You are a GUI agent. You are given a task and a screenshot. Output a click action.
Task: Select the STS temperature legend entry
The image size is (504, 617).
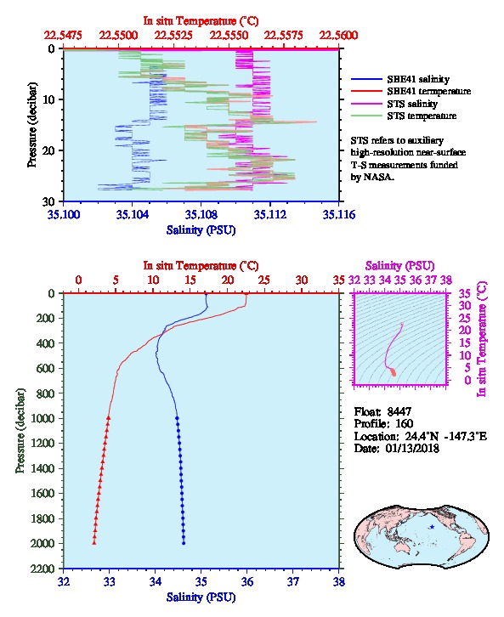click(x=404, y=116)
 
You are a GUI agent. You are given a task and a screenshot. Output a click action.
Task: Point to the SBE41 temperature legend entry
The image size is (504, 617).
click(x=411, y=91)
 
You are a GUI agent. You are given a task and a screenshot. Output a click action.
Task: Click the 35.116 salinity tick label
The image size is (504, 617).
click(x=339, y=214)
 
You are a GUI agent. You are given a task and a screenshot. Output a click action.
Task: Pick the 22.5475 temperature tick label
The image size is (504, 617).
click(x=63, y=36)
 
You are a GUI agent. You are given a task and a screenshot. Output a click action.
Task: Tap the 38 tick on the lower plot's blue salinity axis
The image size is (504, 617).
click(x=339, y=581)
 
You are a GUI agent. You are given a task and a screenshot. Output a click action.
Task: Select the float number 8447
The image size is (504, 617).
click(x=399, y=411)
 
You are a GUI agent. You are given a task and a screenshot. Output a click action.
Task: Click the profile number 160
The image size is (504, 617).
click(x=404, y=424)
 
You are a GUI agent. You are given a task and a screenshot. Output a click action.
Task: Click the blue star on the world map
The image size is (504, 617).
click(x=432, y=527)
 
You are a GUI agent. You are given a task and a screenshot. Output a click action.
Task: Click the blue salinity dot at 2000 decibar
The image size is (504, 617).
click(x=184, y=543)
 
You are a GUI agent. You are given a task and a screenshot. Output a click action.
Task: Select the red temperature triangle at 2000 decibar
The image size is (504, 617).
click(x=94, y=543)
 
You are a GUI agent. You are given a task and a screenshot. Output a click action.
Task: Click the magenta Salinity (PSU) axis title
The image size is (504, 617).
click(x=399, y=266)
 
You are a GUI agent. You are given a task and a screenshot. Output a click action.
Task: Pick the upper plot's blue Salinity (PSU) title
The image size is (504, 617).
click(x=201, y=229)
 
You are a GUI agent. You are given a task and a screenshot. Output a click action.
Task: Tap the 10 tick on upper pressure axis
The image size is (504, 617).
click(x=48, y=99)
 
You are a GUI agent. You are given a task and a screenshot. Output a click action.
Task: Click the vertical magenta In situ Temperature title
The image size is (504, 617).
click(x=482, y=339)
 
